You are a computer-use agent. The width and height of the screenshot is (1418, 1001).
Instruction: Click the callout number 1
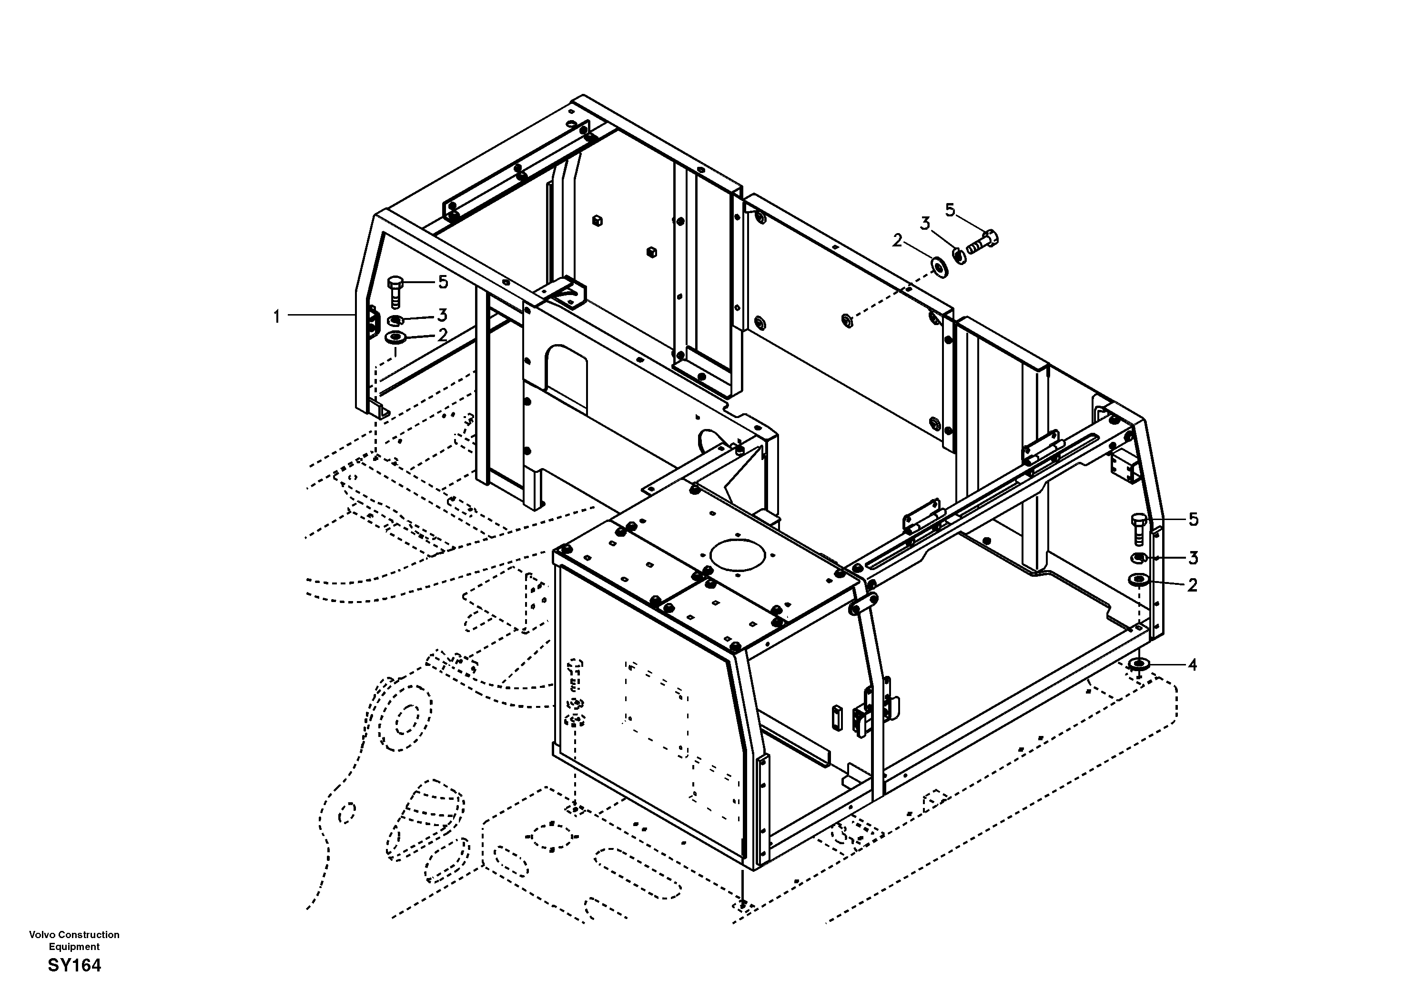point(277,317)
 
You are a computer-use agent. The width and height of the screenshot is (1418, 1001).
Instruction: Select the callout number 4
point(1192,665)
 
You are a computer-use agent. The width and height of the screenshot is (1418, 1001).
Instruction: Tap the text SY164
point(74,965)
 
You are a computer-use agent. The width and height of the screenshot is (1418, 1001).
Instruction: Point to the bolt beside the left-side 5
point(395,291)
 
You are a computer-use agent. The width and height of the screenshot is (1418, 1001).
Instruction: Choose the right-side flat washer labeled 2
point(1139,580)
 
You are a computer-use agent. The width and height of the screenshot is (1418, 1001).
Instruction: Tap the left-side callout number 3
point(442,316)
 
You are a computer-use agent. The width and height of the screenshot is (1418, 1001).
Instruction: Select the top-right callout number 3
point(924,224)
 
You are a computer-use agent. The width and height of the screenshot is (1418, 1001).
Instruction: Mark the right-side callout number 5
point(1193,520)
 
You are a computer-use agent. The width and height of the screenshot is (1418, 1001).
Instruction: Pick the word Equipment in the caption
point(74,947)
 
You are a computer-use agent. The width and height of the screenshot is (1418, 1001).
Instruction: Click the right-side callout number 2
point(1192,584)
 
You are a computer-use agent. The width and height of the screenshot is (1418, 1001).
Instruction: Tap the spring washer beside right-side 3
point(1139,558)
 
